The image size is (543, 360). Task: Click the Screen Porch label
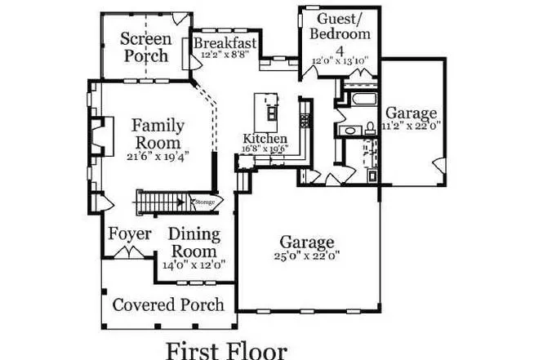tap(146, 47)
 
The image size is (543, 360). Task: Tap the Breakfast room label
tap(226, 43)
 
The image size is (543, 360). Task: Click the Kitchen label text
tap(263, 139)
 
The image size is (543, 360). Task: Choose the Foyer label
tap(130, 235)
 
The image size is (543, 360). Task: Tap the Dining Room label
tap(194, 242)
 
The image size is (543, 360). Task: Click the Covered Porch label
tap(167, 305)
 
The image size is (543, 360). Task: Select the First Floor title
tap(226, 349)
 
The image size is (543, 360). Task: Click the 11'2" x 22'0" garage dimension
tap(412, 126)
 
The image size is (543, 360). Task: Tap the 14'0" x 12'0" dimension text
tap(194, 264)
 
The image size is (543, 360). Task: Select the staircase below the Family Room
tap(160, 201)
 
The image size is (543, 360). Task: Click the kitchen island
tap(265, 107)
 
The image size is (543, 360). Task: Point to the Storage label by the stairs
tap(203, 201)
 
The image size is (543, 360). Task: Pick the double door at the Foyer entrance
tap(127, 254)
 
